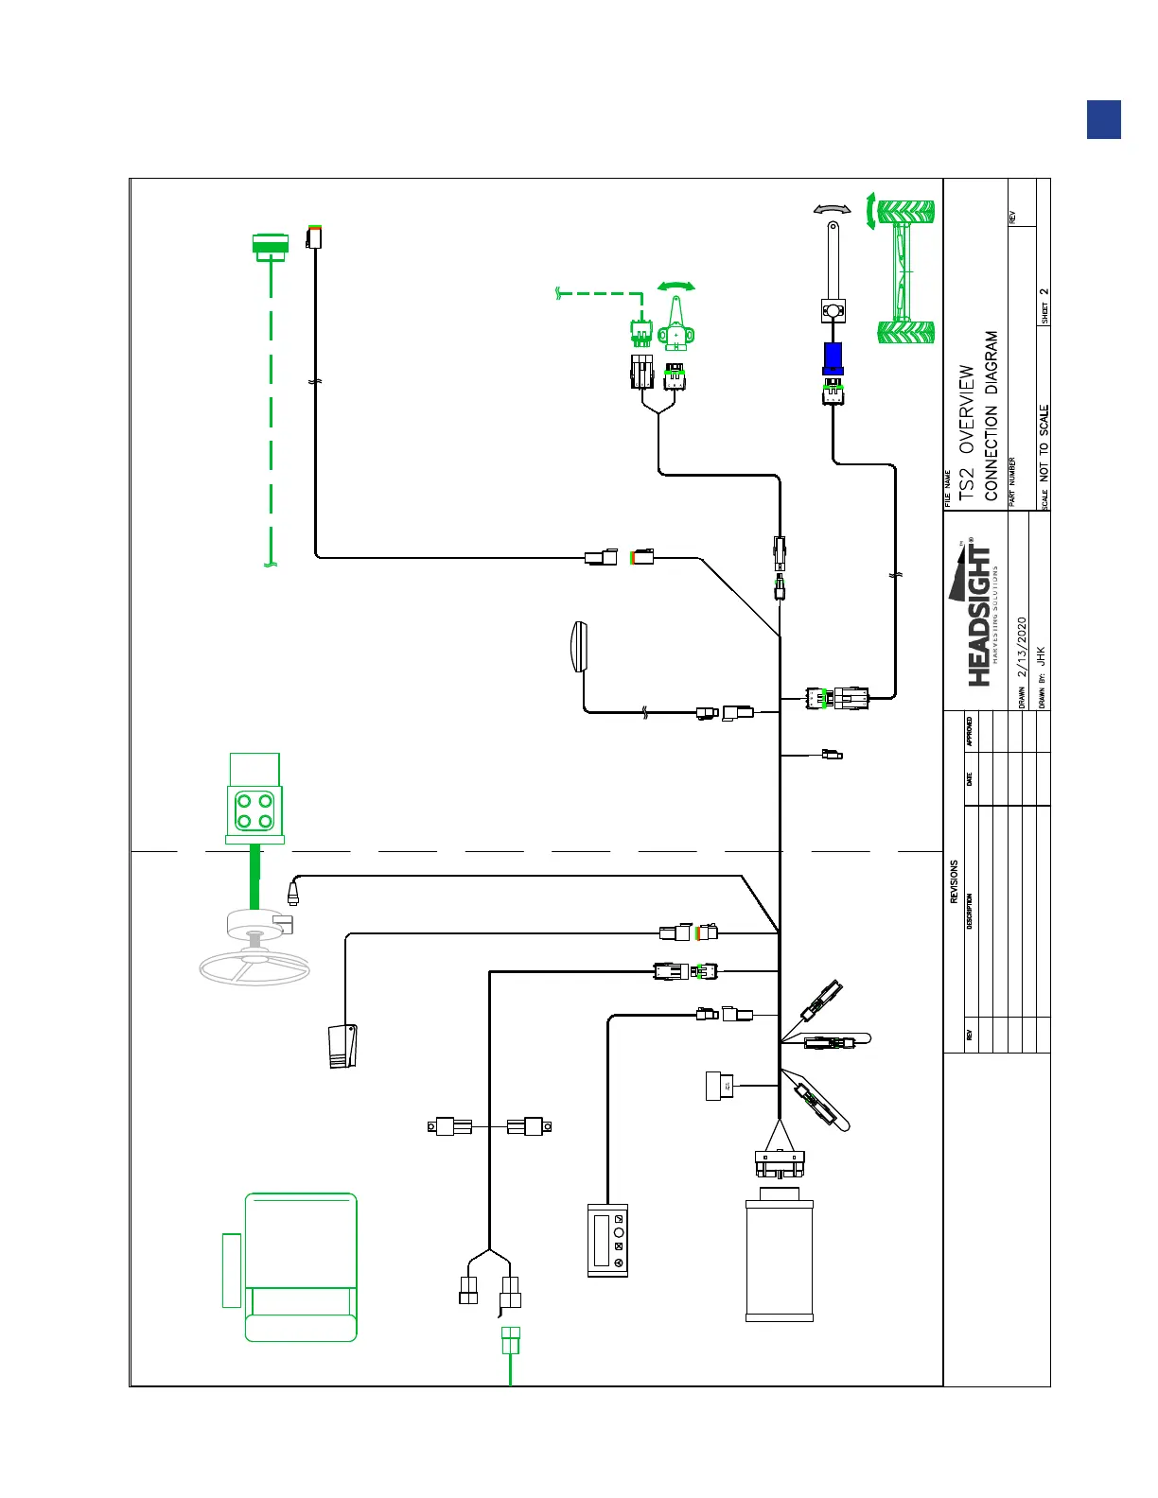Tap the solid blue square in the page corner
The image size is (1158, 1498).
tap(1104, 120)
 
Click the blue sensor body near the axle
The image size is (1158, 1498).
tap(833, 358)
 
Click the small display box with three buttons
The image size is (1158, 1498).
tap(607, 1240)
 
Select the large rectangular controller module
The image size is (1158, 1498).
tap(780, 1259)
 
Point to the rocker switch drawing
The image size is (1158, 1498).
tap(343, 1046)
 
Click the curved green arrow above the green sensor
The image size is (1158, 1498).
tap(676, 286)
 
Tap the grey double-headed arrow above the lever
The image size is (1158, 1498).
tap(833, 209)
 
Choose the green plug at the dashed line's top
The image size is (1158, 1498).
tap(271, 245)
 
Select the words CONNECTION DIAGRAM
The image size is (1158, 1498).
tap(991, 416)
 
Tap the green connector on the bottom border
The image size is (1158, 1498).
tap(510, 1340)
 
